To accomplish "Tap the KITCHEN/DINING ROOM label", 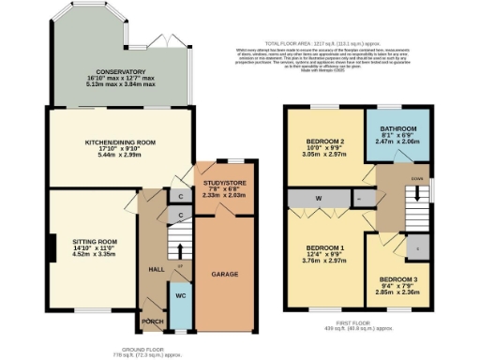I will point(113,142).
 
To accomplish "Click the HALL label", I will point(157,269).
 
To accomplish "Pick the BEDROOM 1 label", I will point(323,247).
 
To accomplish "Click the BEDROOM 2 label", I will point(323,142).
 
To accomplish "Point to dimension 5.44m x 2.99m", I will point(113,155).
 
